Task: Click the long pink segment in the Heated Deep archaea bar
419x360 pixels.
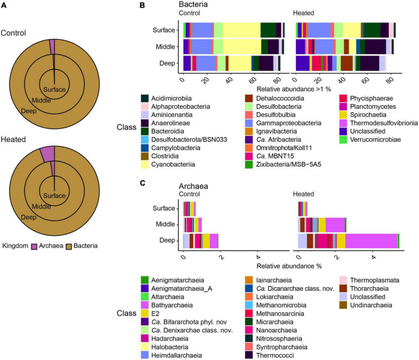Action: (371, 240)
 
